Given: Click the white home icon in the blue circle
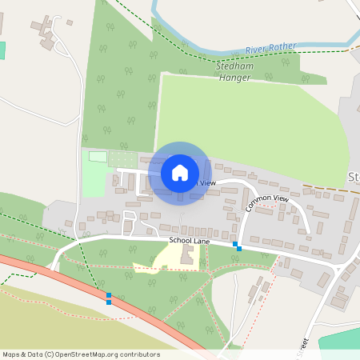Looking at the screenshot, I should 180,172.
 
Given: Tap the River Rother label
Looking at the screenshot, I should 270,48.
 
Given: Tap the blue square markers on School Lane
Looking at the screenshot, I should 237,246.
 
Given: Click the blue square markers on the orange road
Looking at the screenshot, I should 109,298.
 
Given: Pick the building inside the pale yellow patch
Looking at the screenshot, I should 187,257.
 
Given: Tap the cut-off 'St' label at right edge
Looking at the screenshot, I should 354,176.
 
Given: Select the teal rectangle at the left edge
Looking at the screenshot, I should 2,50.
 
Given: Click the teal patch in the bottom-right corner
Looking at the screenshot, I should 340,340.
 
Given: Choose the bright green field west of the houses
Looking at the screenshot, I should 94,181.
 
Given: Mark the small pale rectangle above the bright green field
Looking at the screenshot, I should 97,156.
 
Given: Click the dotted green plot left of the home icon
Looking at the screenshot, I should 122,158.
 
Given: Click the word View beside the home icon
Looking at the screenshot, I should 207,183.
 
